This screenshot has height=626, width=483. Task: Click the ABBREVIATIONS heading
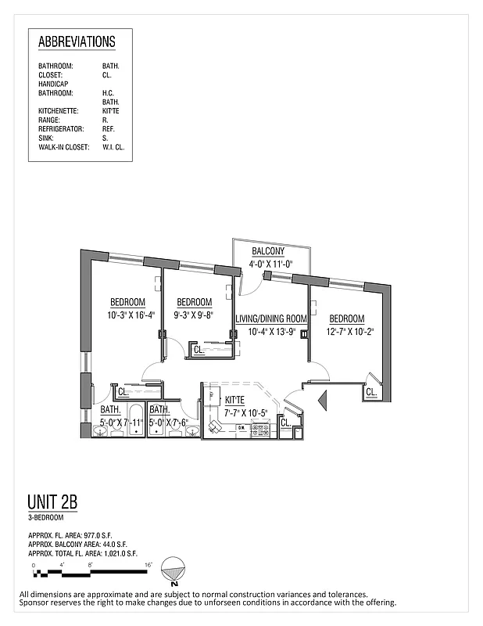(x=77, y=42)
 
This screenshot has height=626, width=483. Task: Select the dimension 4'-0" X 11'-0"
(x=270, y=264)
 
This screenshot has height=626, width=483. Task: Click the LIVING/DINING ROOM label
(x=271, y=318)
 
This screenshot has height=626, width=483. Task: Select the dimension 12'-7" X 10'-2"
(x=346, y=332)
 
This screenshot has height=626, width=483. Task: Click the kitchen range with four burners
(x=260, y=430)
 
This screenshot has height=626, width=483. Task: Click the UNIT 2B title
(x=52, y=502)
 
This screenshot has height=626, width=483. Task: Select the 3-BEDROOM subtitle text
(x=46, y=518)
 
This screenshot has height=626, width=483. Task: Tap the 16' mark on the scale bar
(x=148, y=563)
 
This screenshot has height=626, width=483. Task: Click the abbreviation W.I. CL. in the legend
(x=113, y=146)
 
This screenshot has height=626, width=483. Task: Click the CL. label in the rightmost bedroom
(x=370, y=391)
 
